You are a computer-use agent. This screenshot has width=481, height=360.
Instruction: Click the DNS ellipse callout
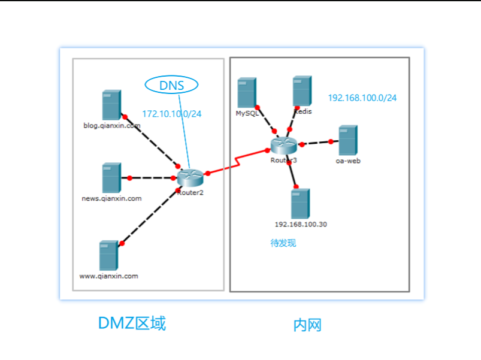[x=172, y=86]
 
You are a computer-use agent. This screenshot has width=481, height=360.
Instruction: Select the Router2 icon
[x=190, y=177]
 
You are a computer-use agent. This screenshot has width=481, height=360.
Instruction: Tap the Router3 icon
[x=283, y=145]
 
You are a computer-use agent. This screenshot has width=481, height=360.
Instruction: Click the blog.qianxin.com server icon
[x=111, y=105]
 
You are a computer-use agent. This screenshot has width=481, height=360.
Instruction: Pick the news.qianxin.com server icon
[x=111, y=178]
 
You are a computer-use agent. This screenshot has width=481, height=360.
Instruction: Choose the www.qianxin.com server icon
[x=108, y=256]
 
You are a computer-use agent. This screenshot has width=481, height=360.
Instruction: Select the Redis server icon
[x=302, y=91]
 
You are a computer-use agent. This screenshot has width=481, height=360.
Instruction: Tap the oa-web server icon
[x=347, y=141]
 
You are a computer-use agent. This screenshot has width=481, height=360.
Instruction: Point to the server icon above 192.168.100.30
[x=300, y=204]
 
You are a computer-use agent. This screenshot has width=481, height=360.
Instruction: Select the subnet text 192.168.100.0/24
[x=362, y=98]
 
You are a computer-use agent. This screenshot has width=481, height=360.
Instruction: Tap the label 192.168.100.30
[x=301, y=225]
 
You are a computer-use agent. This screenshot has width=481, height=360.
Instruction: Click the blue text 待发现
[x=283, y=243]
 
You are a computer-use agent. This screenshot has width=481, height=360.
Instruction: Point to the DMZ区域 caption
[x=132, y=323]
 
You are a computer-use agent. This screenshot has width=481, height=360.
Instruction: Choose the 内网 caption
[x=307, y=325]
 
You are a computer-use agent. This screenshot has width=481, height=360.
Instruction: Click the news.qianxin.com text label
[x=111, y=198]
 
